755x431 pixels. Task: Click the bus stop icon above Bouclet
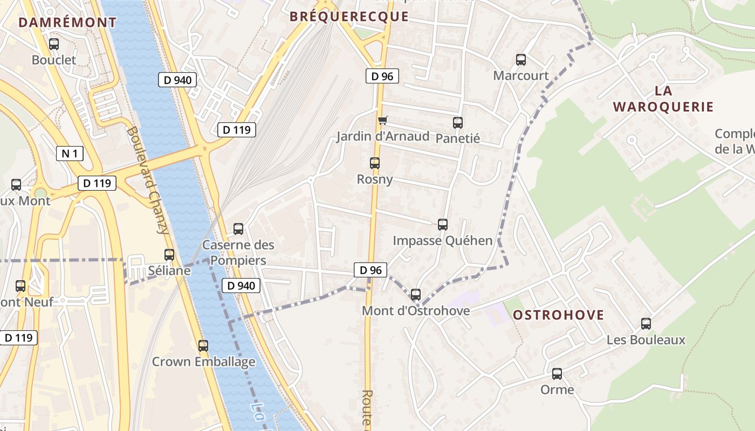coord(53,44)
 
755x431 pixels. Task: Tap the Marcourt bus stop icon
coord(521,59)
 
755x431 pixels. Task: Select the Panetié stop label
coord(457,138)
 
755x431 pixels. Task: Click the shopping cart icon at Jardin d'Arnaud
coord(382,120)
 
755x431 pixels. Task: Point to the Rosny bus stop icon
coord(374,163)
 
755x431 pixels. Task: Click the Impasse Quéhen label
coord(442,240)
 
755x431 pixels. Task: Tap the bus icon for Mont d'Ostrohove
coord(415,295)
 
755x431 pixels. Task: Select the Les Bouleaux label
coord(646,340)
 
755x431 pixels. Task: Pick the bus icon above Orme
coord(557,373)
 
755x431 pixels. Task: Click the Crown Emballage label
coord(203,362)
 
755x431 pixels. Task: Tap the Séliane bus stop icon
coord(169,254)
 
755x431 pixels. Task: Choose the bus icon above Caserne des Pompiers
coord(238,228)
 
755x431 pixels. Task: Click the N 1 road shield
coord(70,154)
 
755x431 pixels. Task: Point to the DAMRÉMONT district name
coord(67,23)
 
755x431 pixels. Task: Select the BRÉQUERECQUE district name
coord(349,17)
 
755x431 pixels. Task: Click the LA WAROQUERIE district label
coord(663,99)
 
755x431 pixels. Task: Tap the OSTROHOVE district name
coord(558,315)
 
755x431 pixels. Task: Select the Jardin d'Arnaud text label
coord(383,136)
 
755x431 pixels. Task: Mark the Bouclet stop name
coord(54,60)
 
